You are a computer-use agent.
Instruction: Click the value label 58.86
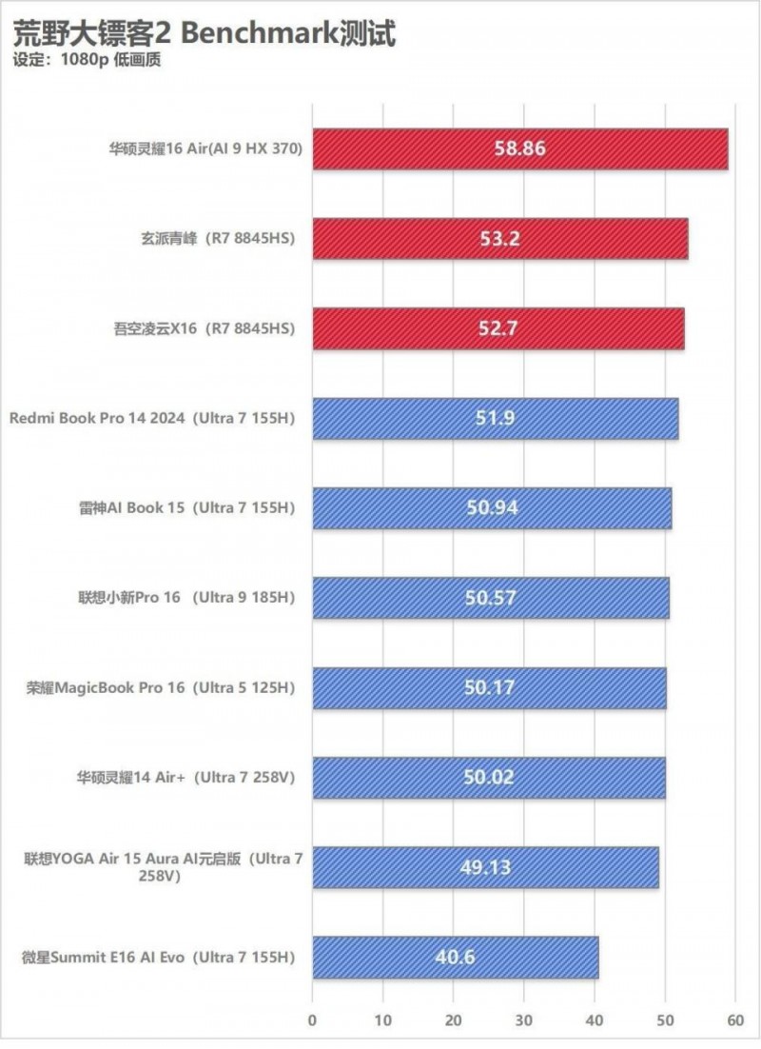pyautogui.click(x=520, y=149)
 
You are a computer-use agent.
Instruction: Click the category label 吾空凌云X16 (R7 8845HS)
pyautogui.click(x=203, y=329)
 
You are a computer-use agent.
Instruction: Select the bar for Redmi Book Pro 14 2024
pyautogui.click(x=400, y=419)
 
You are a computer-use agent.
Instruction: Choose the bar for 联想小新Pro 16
pyautogui.click(x=400, y=598)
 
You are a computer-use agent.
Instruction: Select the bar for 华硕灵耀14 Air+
pyautogui.click(x=400, y=777)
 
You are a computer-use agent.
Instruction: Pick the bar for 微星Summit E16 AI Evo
pyautogui.click(x=380, y=957)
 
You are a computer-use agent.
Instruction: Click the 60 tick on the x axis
pyautogui.click(x=733, y=1019)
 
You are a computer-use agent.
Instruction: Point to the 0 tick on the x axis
pyautogui.click(x=312, y=1019)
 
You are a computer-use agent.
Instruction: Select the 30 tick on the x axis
pyautogui.click(x=523, y=1019)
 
